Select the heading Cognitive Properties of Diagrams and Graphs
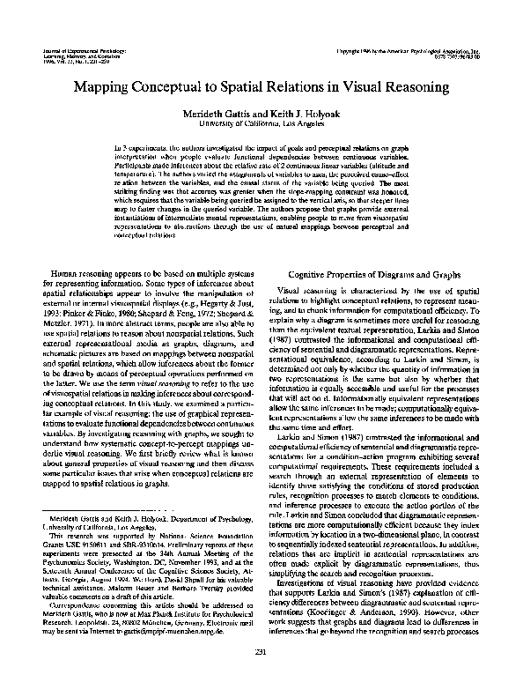click(x=378, y=249)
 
